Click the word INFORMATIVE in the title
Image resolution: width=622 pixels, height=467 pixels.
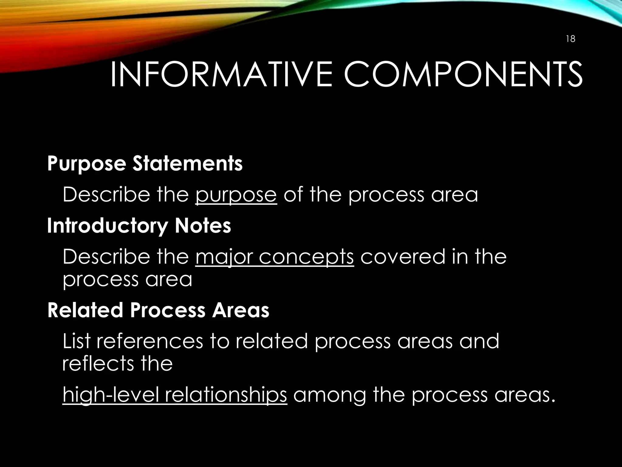click(x=221, y=74)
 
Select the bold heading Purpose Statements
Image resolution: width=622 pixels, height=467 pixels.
click(x=145, y=164)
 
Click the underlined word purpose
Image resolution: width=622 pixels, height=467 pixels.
click(x=236, y=195)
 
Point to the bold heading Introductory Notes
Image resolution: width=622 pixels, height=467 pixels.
click(x=139, y=226)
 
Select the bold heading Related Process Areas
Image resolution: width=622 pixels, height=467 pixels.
click(x=158, y=310)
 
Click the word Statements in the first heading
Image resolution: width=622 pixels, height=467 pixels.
click(x=187, y=164)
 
